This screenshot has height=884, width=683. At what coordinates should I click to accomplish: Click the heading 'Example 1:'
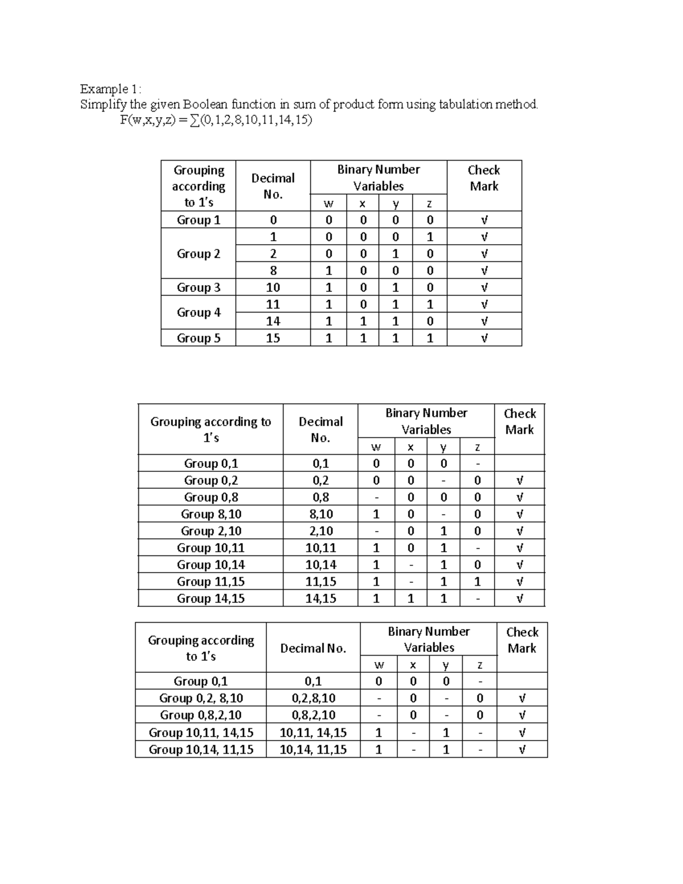coord(110,89)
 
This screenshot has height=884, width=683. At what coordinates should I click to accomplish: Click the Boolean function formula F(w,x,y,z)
coord(216,120)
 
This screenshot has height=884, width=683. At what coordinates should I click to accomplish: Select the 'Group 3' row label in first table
coord(198,287)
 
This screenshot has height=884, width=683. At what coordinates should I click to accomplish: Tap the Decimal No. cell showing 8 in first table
coord(273,270)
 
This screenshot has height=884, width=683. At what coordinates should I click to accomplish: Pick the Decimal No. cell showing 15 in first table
coord(273,338)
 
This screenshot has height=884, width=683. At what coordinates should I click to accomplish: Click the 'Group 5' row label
coord(198,338)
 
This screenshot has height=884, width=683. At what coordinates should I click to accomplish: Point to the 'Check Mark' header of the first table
coord(484,178)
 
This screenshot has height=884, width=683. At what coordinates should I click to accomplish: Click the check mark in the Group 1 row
coord(484,220)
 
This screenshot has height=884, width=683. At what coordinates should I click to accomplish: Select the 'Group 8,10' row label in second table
coord(211,514)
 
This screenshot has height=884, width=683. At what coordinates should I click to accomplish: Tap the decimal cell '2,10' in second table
coord(320,531)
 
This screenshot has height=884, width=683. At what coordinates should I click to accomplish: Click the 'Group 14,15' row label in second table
coord(211,598)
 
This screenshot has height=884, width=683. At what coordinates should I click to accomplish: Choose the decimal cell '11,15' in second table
coord(320,582)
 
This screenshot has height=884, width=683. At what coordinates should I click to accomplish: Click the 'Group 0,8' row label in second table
coord(211,497)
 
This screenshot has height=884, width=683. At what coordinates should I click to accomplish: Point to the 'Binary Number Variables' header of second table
coord(426,421)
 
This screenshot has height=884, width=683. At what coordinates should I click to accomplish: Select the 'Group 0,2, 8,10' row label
coord(201,698)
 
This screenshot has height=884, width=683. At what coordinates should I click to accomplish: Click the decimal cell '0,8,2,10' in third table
coord(313,715)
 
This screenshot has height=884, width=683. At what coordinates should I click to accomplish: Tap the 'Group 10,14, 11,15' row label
coord(201,749)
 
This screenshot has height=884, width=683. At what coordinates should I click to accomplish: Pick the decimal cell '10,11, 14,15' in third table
coord(313,733)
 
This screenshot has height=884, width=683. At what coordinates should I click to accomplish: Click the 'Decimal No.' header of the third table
coord(313,648)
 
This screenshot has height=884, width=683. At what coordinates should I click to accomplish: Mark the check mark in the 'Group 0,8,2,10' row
coord(522,715)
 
